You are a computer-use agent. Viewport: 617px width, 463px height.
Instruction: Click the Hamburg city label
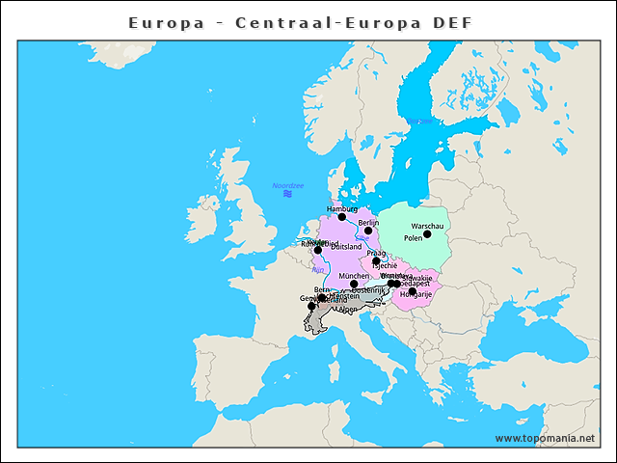(342, 208)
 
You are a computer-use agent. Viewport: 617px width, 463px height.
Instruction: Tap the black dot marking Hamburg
(341, 217)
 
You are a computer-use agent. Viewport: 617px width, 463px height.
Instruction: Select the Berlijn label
(368, 222)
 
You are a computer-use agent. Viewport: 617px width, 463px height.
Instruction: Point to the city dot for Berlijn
(368, 231)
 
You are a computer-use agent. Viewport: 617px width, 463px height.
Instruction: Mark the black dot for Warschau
(427, 234)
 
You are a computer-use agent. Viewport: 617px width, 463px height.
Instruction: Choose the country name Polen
(413, 237)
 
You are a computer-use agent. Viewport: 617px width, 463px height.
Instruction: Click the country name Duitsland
(346, 247)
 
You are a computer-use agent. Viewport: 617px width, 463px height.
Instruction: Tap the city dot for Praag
(376, 261)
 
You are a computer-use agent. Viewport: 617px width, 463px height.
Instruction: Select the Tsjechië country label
(384, 264)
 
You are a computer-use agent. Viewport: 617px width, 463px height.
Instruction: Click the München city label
(354, 276)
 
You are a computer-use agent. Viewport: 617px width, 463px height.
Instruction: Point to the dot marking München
(354, 285)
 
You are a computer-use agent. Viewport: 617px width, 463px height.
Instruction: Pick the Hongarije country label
(416, 294)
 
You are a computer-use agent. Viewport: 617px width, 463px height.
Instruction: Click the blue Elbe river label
(362, 237)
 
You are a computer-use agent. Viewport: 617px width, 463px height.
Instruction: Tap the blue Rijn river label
(317, 270)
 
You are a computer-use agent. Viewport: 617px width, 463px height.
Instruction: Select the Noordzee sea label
(287, 185)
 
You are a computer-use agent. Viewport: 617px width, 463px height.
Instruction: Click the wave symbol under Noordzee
(287, 194)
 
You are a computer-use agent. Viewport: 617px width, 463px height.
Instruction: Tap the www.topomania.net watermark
(545, 438)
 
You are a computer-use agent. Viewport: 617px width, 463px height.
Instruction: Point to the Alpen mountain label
(347, 310)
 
